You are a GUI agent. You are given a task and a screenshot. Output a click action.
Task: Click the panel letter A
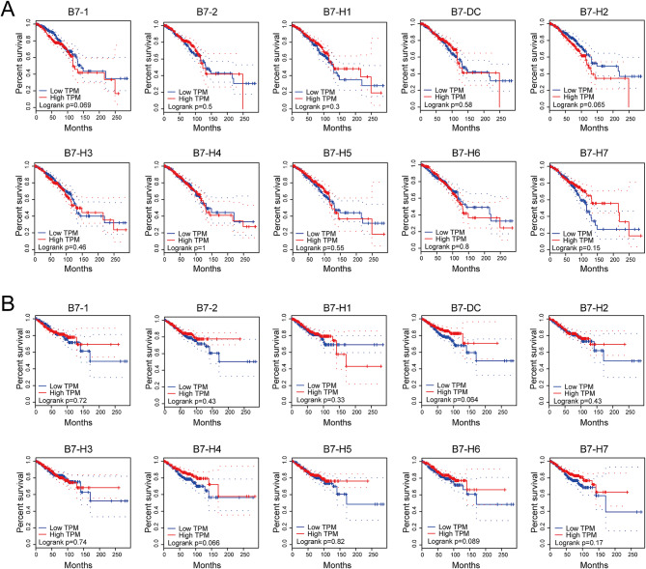10,11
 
